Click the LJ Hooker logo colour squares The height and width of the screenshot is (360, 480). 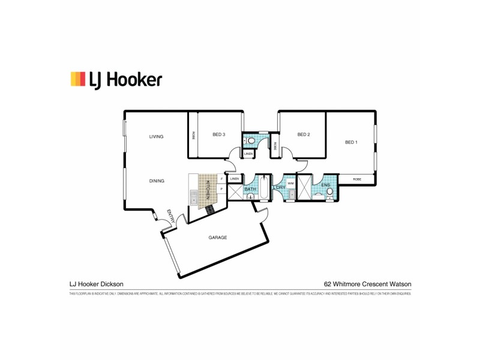click(x=78, y=79)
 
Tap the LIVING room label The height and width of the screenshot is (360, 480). click(x=157, y=137)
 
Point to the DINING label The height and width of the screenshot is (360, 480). click(x=157, y=181)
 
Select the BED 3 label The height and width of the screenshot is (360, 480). click(x=218, y=134)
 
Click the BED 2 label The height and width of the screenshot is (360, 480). click(x=304, y=134)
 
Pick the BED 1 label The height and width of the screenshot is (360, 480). click(x=351, y=142)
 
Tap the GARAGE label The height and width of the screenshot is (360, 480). click(x=217, y=238)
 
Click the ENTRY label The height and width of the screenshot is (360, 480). click(x=170, y=216)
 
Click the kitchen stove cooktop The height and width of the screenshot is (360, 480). click(x=209, y=209)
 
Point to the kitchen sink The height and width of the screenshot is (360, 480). click(x=194, y=197)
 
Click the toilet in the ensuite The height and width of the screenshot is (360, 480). click(x=329, y=192)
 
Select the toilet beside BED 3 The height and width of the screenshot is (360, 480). click(x=252, y=140)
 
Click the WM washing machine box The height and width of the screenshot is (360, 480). click(x=291, y=184)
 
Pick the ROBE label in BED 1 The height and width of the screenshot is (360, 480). click(x=357, y=179)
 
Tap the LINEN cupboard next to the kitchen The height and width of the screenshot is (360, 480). click(x=235, y=179)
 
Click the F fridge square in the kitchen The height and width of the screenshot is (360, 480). click(x=221, y=179)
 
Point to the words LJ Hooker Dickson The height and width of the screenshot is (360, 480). click(x=97, y=284)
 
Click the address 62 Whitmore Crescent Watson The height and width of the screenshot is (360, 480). click(x=367, y=284)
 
